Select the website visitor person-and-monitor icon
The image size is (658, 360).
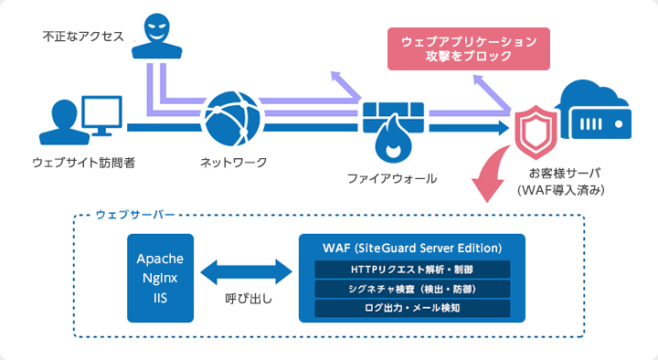81,120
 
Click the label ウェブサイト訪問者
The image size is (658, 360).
83,163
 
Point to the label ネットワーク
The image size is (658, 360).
234,163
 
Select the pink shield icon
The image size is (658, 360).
535,130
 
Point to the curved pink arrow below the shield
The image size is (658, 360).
493,175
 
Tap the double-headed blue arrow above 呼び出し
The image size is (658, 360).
249,271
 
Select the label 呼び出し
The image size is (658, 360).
249,299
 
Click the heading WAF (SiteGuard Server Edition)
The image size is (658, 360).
412,248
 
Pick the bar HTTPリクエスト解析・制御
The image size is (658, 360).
412,270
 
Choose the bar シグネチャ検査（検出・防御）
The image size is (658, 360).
412,289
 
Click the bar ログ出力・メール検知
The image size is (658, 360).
412,308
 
